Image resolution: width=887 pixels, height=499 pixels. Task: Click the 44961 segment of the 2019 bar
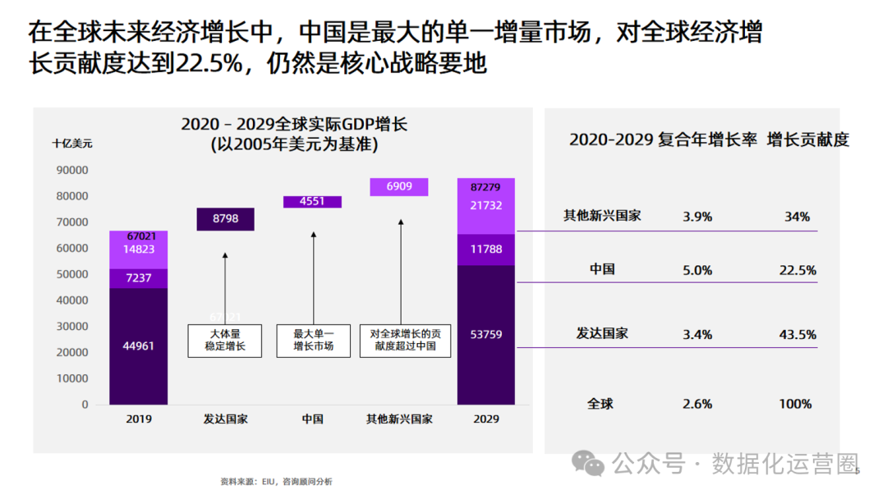(139, 346)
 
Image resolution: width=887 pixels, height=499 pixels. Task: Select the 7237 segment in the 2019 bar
(139, 278)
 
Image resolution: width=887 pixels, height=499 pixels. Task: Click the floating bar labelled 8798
(225, 219)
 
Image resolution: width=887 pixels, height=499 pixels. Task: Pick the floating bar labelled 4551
(312, 202)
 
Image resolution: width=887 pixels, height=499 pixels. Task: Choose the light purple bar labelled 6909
(399, 187)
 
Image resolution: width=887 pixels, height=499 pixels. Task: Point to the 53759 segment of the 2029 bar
(486, 335)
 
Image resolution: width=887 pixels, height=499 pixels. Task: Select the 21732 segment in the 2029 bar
(486, 206)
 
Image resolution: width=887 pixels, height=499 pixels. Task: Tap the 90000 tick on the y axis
(71, 171)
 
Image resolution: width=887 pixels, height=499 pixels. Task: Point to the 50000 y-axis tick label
(71, 274)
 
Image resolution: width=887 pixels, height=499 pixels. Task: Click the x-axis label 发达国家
(225, 419)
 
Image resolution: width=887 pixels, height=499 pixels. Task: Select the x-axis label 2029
(486, 419)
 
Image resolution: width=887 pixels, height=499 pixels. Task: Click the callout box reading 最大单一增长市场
(313, 340)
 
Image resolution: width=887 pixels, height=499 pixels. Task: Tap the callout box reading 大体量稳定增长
(224, 340)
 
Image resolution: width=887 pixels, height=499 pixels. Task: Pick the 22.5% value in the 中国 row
(796, 270)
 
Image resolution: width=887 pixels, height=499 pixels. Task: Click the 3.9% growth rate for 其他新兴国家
(697, 217)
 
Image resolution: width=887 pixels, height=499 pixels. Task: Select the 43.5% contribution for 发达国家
(796, 335)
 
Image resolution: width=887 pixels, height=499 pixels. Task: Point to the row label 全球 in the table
(600, 404)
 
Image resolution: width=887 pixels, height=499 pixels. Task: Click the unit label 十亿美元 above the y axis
(72, 143)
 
